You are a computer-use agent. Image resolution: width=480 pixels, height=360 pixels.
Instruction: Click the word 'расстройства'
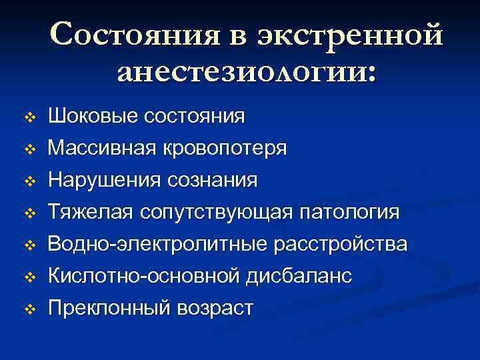pos(339,244)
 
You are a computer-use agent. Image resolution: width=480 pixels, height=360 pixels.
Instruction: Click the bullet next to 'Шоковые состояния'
pos(28,117)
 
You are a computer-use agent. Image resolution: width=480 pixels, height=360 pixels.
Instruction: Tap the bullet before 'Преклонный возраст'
pos(28,309)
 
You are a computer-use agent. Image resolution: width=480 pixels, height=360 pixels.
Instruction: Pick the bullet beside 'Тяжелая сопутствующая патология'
pos(28,213)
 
